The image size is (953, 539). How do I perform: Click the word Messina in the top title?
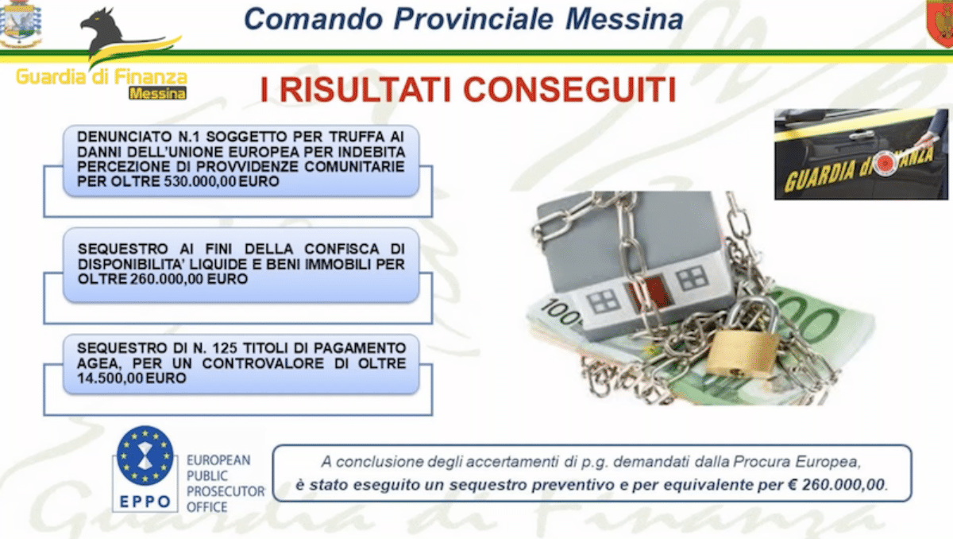tap(624, 19)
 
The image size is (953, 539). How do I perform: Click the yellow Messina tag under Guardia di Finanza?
tap(157, 93)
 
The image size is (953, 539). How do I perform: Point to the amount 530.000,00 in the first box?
tap(200, 181)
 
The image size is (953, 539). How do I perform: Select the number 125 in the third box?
tap(225, 348)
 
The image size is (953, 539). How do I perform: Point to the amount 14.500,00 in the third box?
tap(110, 378)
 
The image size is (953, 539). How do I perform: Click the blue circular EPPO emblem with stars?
tap(145, 456)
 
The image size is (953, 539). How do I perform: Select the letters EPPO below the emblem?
tap(145, 502)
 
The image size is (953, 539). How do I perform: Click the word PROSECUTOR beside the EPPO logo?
tap(226, 491)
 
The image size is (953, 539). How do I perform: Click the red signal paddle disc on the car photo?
tap(885, 163)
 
